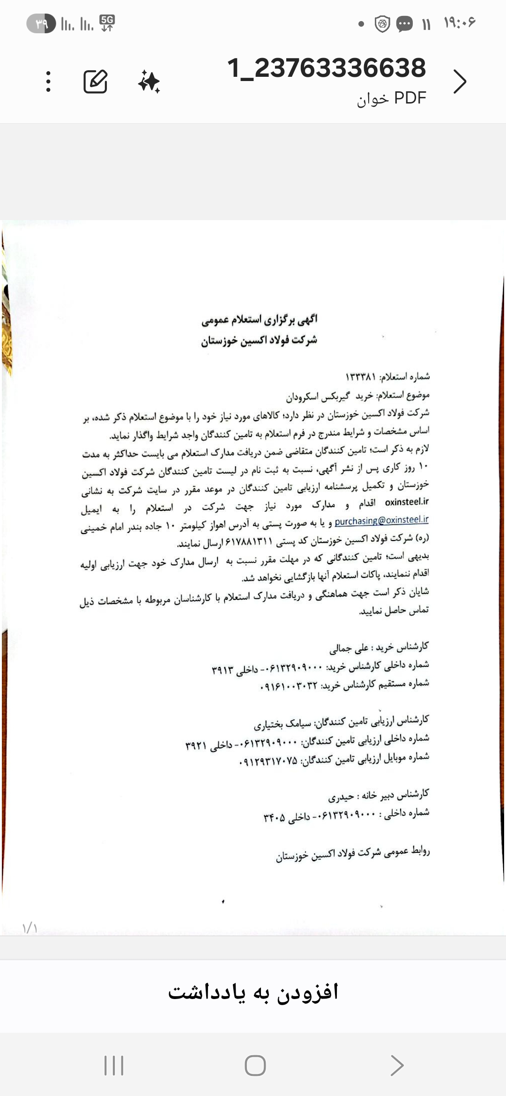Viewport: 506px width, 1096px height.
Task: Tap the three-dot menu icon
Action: tap(48, 81)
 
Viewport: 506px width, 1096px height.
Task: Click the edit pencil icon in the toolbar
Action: tap(96, 81)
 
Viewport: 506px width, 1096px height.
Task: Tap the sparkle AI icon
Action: tap(149, 81)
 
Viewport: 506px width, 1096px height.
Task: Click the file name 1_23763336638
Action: tap(327, 68)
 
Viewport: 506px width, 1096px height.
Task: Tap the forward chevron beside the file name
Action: tap(460, 81)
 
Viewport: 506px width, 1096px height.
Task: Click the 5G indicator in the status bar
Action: tap(107, 23)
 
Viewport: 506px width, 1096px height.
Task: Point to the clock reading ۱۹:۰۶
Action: tap(460, 22)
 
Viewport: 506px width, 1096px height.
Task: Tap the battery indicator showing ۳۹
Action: tap(41, 23)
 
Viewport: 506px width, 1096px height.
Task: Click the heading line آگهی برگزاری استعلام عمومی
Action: tap(259, 320)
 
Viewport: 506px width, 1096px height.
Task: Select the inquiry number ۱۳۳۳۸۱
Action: tap(361, 377)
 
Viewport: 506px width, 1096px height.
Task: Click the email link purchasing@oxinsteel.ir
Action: tap(381, 520)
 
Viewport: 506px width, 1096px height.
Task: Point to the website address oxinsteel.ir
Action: tap(407, 502)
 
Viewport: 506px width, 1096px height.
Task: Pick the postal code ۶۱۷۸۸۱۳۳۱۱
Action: tap(249, 542)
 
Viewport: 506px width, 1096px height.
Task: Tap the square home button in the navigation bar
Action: tap(255, 1066)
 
